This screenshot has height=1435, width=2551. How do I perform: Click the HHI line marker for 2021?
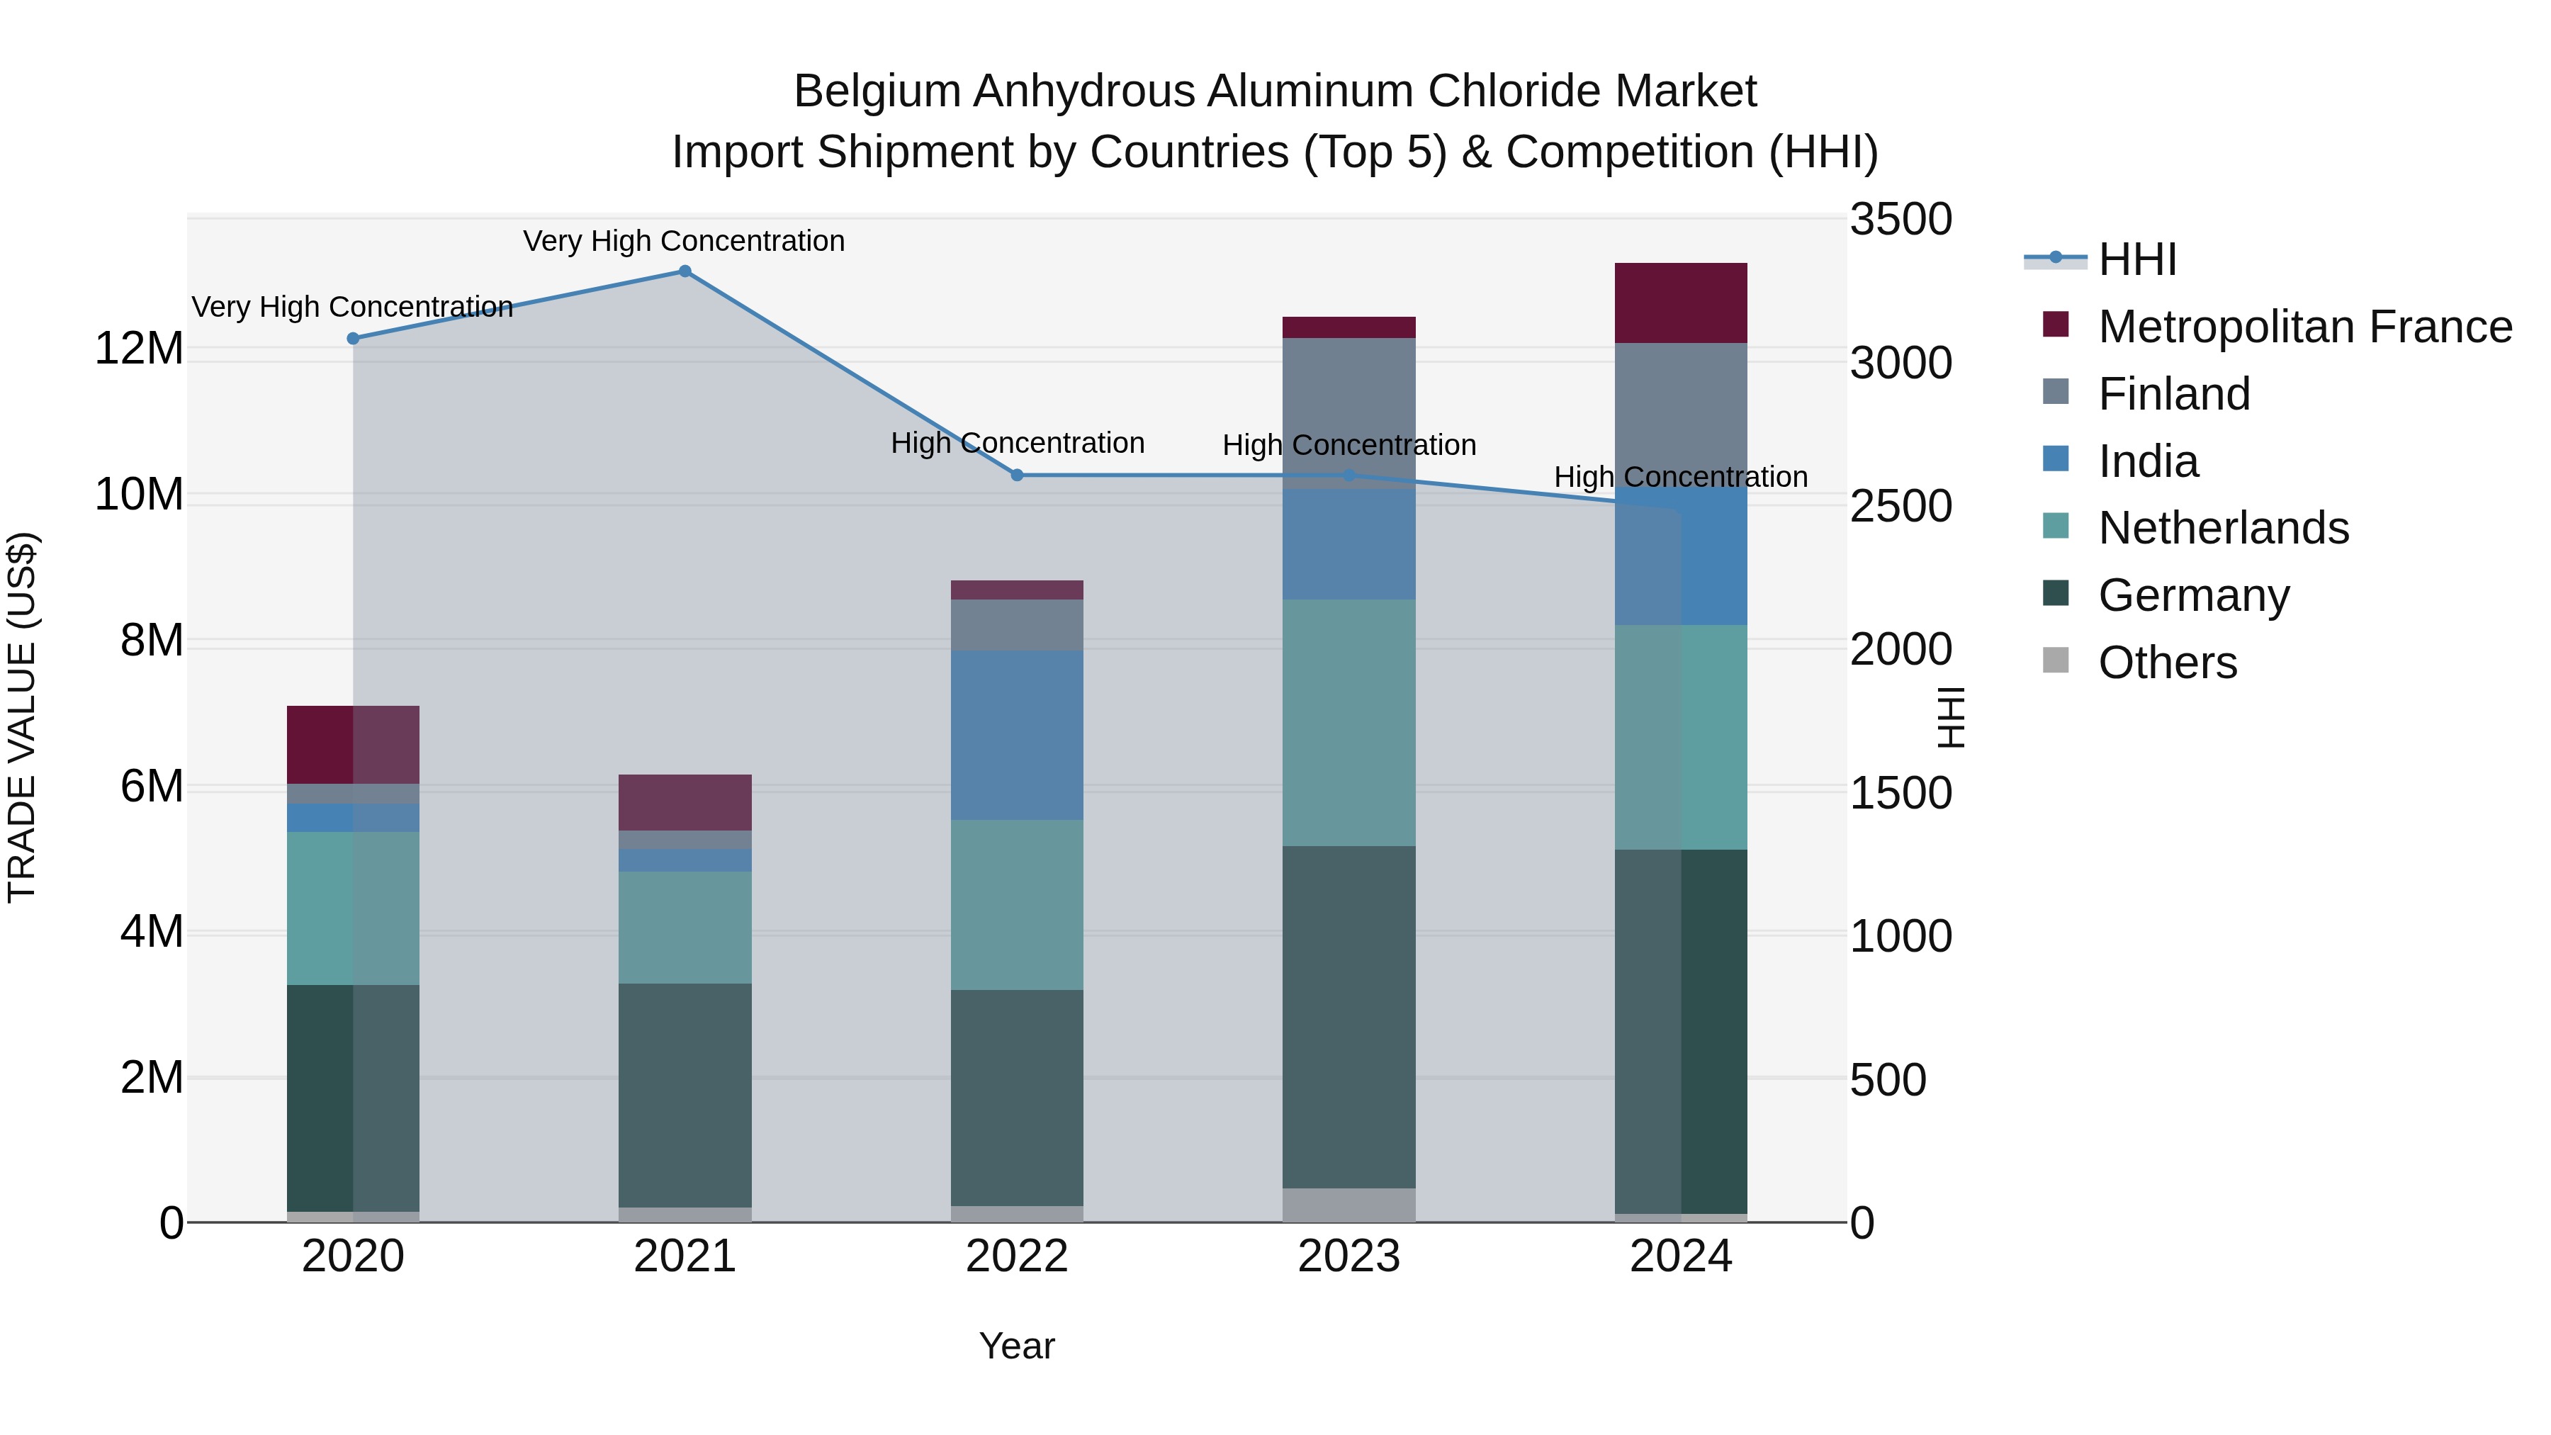pyautogui.click(x=685, y=271)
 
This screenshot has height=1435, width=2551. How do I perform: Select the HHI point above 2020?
pyautogui.click(x=354, y=339)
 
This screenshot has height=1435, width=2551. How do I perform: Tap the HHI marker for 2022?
pyautogui.click(x=1017, y=475)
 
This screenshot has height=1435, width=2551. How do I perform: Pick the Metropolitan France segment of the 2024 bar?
pyautogui.click(x=1681, y=303)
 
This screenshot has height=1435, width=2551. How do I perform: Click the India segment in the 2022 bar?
pyautogui.click(x=1017, y=735)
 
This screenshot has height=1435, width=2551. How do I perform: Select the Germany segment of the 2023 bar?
pyautogui.click(x=1348, y=1017)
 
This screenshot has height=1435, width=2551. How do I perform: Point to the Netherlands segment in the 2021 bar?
pyautogui.click(x=685, y=927)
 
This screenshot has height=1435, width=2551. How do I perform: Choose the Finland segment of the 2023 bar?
pyautogui.click(x=1348, y=413)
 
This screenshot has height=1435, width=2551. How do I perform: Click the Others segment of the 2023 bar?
pyautogui.click(x=1348, y=1205)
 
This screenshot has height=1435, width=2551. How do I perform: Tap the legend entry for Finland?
pyautogui.click(x=2174, y=394)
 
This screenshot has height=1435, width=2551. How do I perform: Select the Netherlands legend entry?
pyautogui.click(x=2223, y=528)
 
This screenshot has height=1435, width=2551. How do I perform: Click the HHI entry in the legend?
pyautogui.click(x=2137, y=259)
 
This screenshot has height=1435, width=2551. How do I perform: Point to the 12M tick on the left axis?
pyautogui.click(x=139, y=349)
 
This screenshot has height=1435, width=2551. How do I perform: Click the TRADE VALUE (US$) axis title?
pyautogui.click(x=22, y=717)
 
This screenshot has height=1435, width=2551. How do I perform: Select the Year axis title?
pyautogui.click(x=1017, y=1346)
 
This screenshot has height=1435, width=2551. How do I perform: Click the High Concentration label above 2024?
pyautogui.click(x=1681, y=478)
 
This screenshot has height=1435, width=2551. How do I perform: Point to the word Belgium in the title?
pyautogui.click(x=877, y=91)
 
